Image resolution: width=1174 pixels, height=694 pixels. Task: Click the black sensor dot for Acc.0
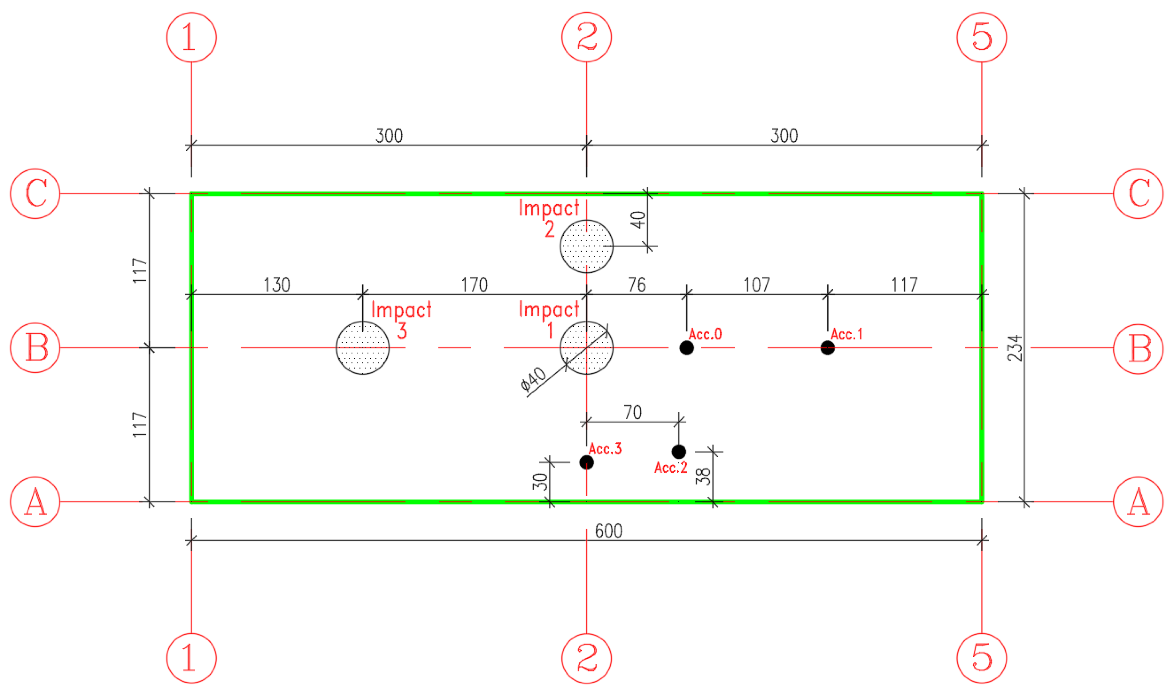click(686, 348)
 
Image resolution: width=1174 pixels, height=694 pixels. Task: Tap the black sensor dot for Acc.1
click(827, 348)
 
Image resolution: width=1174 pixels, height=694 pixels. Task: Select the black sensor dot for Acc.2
click(678, 452)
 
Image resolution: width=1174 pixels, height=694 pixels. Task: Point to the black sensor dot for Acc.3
click(586, 462)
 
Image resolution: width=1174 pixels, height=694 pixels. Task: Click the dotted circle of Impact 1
click(586, 348)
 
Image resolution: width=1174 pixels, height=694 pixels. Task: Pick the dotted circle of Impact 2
click(586, 247)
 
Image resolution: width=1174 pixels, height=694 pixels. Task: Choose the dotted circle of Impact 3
click(363, 348)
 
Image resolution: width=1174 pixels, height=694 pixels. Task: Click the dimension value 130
click(277, 285)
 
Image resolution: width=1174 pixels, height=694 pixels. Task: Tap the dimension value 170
click(475, 285)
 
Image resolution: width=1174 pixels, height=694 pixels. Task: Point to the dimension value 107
click(757, 285)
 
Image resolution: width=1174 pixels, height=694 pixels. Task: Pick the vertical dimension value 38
click(704, 476)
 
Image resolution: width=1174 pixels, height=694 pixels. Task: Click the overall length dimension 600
click(608, 531)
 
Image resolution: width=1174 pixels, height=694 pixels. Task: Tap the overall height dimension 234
click(1015, 348)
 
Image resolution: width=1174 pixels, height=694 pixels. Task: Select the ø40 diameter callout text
click(533, 378)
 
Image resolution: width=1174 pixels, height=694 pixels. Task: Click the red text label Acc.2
click(670, 468)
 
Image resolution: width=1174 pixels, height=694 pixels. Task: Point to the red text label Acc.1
click(846, 334)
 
